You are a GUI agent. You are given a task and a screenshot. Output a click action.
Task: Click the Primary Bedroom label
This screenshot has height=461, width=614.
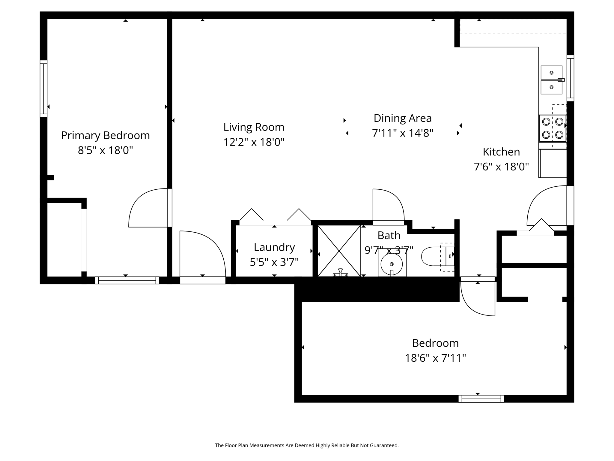point(105,135)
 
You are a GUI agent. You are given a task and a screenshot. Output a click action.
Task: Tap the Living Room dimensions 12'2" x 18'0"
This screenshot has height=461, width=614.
point(254,142)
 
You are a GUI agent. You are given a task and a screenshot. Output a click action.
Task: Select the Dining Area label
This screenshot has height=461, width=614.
point(402,118)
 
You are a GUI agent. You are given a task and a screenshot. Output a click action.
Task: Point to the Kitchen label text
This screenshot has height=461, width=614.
point(501,152)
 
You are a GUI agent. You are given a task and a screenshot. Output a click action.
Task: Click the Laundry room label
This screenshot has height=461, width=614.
point(274,247)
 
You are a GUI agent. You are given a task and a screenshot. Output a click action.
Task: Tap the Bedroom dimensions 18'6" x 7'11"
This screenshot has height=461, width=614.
point(435,358)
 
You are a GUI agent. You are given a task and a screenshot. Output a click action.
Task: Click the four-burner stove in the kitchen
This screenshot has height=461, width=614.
point(552,128)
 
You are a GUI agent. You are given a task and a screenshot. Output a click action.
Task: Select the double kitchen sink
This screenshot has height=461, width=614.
point(551,80)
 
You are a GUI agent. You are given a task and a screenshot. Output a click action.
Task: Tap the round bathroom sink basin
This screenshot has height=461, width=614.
point(391,264)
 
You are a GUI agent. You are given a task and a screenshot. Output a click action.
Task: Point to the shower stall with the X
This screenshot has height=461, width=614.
point(339,251)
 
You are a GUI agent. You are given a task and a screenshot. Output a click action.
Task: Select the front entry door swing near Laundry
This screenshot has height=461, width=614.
point(207,249)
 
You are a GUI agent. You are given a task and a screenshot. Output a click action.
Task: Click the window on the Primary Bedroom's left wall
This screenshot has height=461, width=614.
point(44,89)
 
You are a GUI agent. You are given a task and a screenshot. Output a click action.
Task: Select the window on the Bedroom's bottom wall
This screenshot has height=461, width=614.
point(481,399)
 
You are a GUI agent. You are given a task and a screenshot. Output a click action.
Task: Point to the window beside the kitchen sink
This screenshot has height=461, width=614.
point(570,78)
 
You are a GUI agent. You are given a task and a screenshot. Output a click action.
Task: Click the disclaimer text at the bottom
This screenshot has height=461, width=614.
point(307,445)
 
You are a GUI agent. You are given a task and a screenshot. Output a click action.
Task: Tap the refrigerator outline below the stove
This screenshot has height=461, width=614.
point(553,163)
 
